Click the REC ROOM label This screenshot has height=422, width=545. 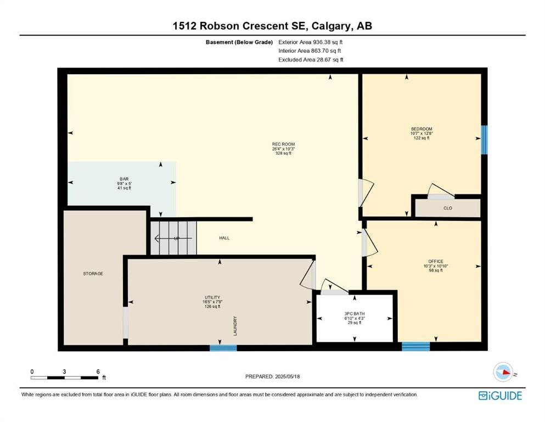pyautogui.click(x=283, y=144)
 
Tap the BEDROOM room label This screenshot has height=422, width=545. pyautogui.click(x=422, y=129)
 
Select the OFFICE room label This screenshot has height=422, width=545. pyautogui.click(x=436, y=261)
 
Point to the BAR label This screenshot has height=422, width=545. pyautogui.click(x=124, y=179)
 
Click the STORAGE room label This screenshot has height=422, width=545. pyautogui.click(x=93, y=274)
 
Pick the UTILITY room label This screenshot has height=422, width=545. pyautogui.click(x=212, y=297)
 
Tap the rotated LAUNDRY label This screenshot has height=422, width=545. pyautogui.click(x=235, y=326)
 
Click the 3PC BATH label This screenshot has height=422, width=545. pyautogui.click(x=355, y=314)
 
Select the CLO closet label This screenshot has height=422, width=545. pyautogui.click(x=448, y=208)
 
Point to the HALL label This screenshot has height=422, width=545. pyautogui.click(x=224, y=238)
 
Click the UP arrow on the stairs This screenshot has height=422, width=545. pyautogui.click(x=173, y=238)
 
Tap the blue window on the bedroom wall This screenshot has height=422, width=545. pyautogui.click(x=484, y=140)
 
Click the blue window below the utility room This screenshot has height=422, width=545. pyautogui.click(x=223, y=348)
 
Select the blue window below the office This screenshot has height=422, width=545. pyautogui.click(x=415, y=347)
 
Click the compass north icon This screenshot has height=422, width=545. pyautogui.click(x=503, y=371)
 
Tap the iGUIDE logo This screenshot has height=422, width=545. pyautogui.click(x=500, y=396)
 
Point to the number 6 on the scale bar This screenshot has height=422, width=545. pyautogui.click(x=98, y=371)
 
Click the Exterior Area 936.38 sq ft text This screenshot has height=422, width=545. pyautogui.click(x=311, y=42)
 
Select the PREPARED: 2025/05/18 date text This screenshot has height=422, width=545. pyautogui.click(x=272, y=376)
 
